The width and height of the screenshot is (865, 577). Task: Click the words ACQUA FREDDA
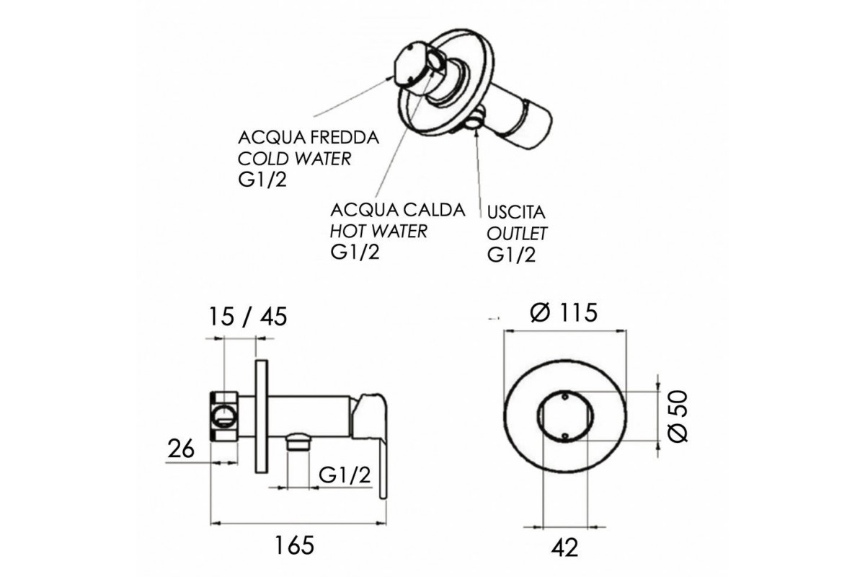click(x=309, y=138)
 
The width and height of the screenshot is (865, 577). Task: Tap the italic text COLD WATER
click(x=294, y=159)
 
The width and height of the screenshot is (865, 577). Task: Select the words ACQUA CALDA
click(x=398, y=210)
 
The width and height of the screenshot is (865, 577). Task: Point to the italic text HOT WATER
click(x=379, y=231)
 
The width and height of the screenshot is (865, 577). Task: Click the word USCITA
click(x=516, y=212)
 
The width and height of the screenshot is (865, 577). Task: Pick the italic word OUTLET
click(x=517, y=234)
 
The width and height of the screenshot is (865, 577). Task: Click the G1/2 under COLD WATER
click(x=262, y=180)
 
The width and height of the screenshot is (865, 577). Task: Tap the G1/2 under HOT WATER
click(x=355, y=252)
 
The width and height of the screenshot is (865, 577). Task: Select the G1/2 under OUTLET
click(x=512, y=255)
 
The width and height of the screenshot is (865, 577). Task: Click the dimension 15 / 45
click(x=248, y=317)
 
